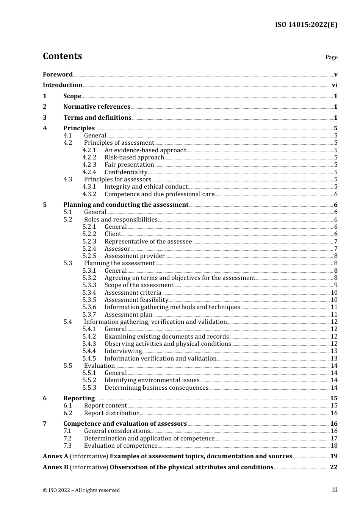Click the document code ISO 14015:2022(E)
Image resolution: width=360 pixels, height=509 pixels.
click(x=306, y=25)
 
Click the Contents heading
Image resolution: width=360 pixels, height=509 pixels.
click(x=63, y=56)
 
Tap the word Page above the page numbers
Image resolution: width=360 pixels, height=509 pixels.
click(x=331, y=57)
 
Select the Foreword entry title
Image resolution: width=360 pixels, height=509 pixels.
click(x=58, y=74)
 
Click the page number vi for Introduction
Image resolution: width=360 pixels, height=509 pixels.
click(x=335, y=85)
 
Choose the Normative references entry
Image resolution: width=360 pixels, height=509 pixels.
click(x=97, y=107)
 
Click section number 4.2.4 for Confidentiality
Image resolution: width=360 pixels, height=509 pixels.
click(x=89, y=172)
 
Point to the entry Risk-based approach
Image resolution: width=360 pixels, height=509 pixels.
click(x=134, y=157)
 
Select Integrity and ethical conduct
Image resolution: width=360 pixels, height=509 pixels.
click(x=146, y=187)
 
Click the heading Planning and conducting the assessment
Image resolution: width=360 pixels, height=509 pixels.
click(x=126, y=205)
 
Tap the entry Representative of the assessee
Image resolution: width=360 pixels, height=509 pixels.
click(x=148, y=241)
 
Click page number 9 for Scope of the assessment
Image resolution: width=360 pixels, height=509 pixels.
click(x=335, y=285)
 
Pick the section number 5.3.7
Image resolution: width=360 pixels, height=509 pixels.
click(x=89, y=314)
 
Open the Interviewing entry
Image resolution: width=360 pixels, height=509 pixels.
click(x=123, y=351)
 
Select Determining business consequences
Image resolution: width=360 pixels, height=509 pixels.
click(x=157, y=387)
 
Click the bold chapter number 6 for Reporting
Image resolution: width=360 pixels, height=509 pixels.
click(x=45, y=398)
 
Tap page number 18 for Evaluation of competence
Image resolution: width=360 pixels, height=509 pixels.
click(x=334, y=446)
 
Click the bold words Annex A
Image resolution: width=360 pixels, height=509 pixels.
click(x=55, y=456)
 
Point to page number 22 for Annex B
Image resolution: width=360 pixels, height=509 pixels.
click(x=333, y=467)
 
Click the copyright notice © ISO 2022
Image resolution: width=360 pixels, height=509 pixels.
click(x=81, y=490)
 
